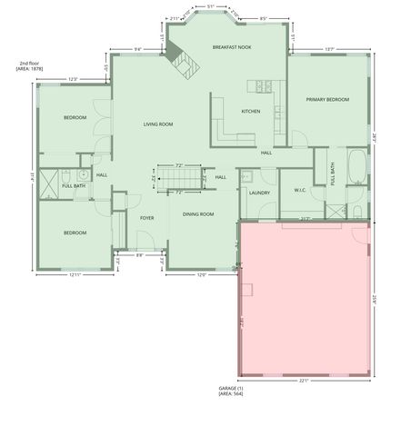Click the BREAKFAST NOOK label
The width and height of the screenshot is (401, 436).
pos(231,46)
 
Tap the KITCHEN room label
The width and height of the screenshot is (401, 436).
pos(251,111)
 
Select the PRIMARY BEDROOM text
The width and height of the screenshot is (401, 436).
pos(326,99)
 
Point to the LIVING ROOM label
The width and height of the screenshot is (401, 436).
pos(157,124)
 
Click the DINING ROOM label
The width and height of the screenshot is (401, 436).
pos(198,213)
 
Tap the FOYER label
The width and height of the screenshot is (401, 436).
pos(146,218)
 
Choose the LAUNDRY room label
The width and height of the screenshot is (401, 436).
pos(258,193)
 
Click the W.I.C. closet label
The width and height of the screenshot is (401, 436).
pos(301,190)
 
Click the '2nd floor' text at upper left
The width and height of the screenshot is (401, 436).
pos(28,63)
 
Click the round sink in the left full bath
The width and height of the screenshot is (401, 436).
pos(83,173)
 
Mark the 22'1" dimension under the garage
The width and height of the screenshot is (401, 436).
pos(305,381)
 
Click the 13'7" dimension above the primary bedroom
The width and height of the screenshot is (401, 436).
pos(329,50)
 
